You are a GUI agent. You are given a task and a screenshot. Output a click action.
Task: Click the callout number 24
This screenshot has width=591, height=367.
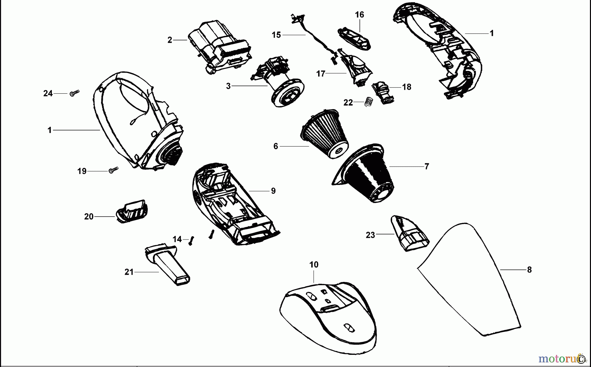pos(48,94)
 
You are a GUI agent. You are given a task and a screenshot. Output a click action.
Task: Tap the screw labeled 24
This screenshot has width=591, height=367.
pos(74,93)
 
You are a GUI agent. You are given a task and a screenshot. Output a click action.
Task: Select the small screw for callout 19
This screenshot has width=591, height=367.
pos(113,170)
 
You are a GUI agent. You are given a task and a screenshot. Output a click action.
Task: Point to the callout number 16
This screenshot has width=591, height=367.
pos(360,15)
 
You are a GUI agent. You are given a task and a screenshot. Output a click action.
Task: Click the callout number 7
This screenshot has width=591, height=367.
pos(427,167)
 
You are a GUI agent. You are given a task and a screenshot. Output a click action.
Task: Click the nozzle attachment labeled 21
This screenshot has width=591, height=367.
pos(167,264)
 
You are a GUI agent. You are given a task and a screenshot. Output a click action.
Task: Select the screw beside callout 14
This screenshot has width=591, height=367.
pos(192,241)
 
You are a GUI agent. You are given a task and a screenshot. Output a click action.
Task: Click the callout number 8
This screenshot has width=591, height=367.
pos(529,270)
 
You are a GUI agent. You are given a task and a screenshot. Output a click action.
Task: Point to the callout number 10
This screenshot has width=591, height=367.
pos(314,265)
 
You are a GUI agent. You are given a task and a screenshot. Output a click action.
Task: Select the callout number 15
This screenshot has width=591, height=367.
pos(276,35)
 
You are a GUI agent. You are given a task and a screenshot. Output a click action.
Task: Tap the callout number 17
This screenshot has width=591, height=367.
pos(320,74)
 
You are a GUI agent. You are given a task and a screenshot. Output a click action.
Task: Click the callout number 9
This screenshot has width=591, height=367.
pos(273,191)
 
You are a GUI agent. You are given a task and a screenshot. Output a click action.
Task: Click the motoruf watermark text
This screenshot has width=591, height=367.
pos(558,358)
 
